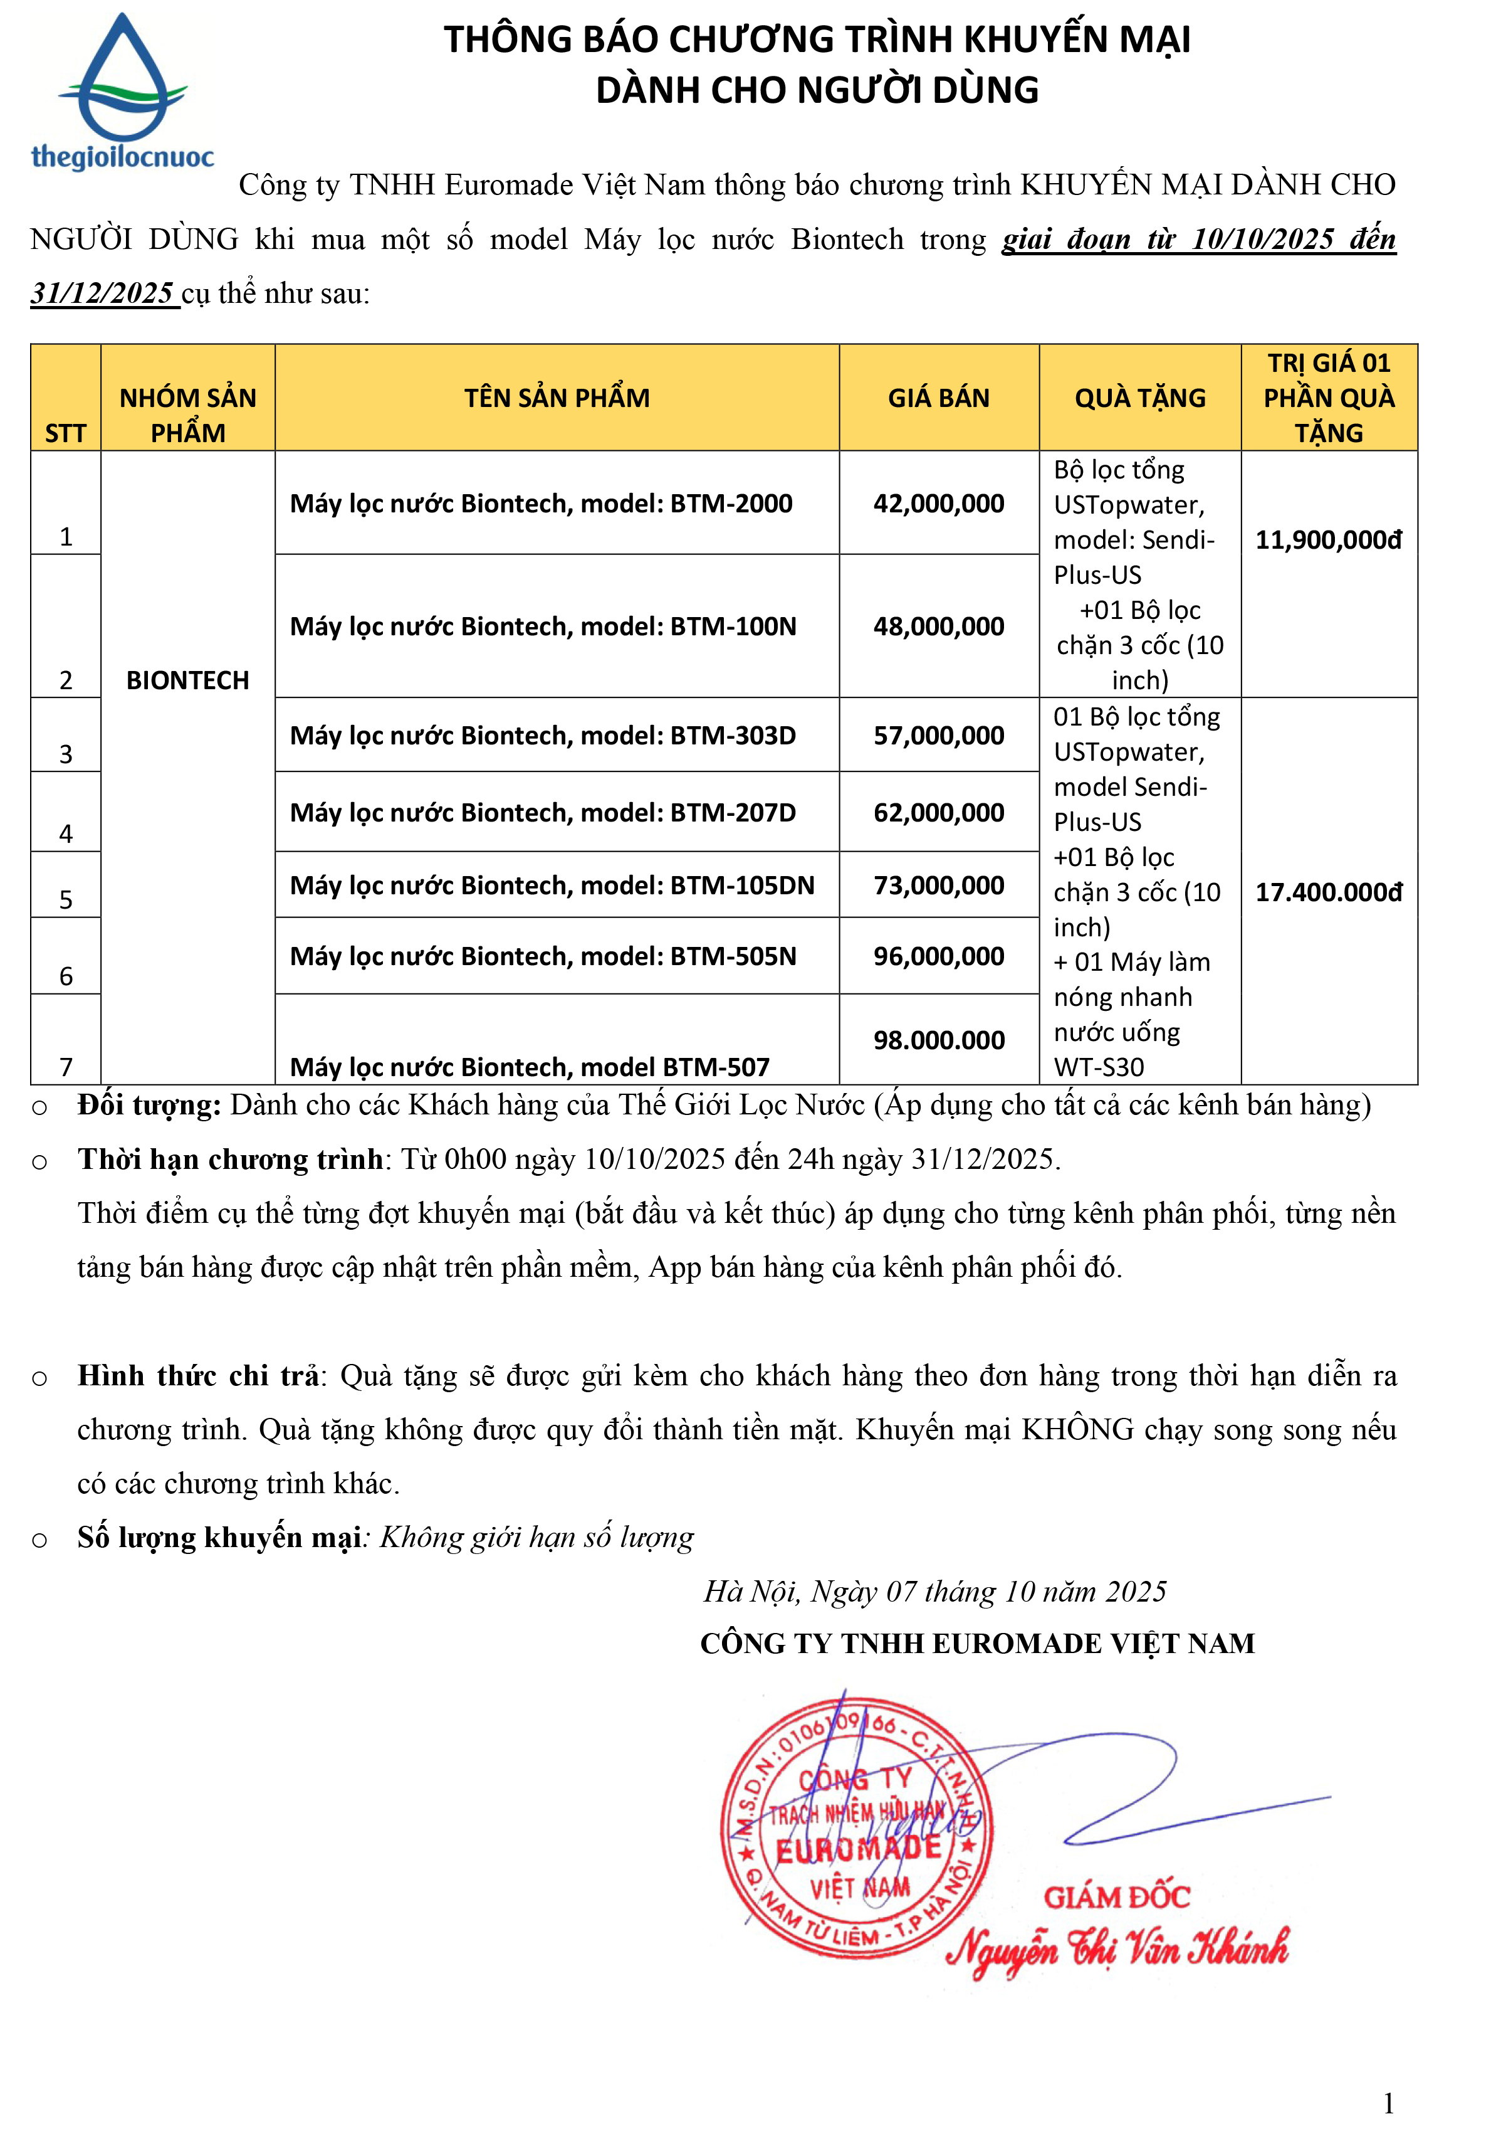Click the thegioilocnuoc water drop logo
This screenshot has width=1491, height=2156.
pos(122,92)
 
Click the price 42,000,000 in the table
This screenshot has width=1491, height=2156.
pos(938,504)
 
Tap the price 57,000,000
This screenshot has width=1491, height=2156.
pos(938,736)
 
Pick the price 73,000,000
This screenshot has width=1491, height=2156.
pos(938,885)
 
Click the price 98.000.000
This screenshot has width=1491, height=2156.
pos(938,1040)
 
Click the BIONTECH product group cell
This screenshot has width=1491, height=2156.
pos(188,680)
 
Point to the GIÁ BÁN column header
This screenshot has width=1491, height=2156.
pos(938,398)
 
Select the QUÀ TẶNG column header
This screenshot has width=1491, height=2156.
pos(1140,398)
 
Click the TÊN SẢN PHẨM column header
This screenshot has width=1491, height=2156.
pos(557,398)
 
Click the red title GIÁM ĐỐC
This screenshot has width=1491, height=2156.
pos(1116,1897)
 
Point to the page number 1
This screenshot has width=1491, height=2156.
pos(1388,2103)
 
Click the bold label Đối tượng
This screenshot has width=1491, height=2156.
pos(149,1106)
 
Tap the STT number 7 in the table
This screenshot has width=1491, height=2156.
pos(66,1066)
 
